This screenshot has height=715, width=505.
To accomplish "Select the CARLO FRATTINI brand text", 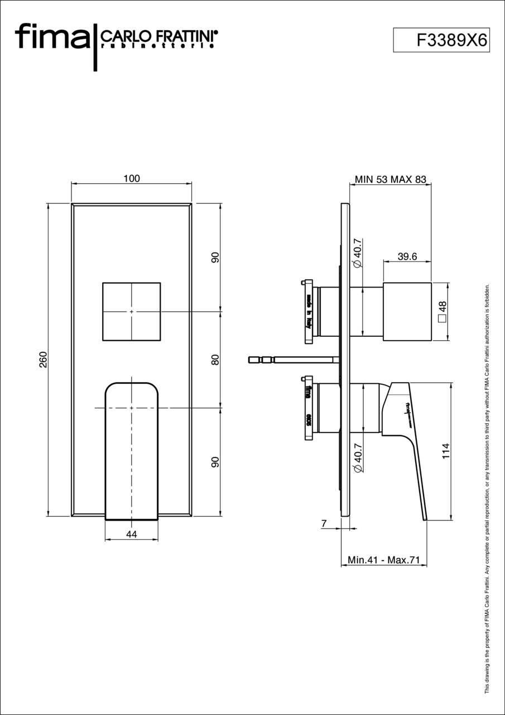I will click(158, 37).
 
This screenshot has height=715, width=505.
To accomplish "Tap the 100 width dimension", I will click(132, 179).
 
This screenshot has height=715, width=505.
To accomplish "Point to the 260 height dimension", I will click(44, 360).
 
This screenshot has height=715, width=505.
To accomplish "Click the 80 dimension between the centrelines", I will click(215, 360).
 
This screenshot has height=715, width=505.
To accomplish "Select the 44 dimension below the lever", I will click(131, 535).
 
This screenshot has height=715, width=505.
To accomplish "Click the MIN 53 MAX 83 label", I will click(390, 179).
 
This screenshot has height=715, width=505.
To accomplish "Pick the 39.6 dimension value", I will click(407, 256).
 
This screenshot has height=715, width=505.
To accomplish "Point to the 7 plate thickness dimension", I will click(324, 523).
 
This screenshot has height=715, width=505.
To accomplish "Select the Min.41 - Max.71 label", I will click(383, 560).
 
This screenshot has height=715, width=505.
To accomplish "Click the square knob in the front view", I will click(132, 312).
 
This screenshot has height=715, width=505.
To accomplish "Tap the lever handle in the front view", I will click(132, 447).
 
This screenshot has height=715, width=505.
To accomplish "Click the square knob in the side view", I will click(407, 311).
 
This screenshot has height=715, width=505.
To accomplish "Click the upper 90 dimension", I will click(215, 258).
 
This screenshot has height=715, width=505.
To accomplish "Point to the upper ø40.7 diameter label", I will click(358, 253).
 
